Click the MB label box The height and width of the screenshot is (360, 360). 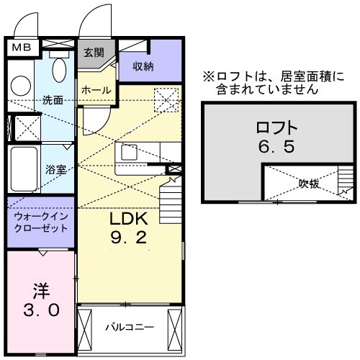20,48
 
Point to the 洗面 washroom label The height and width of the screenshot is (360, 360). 53,99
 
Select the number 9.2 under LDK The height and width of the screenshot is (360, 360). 128,238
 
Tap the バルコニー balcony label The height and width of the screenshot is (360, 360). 130,327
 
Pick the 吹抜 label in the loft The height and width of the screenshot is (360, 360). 310,184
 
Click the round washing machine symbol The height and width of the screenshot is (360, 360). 20,85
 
